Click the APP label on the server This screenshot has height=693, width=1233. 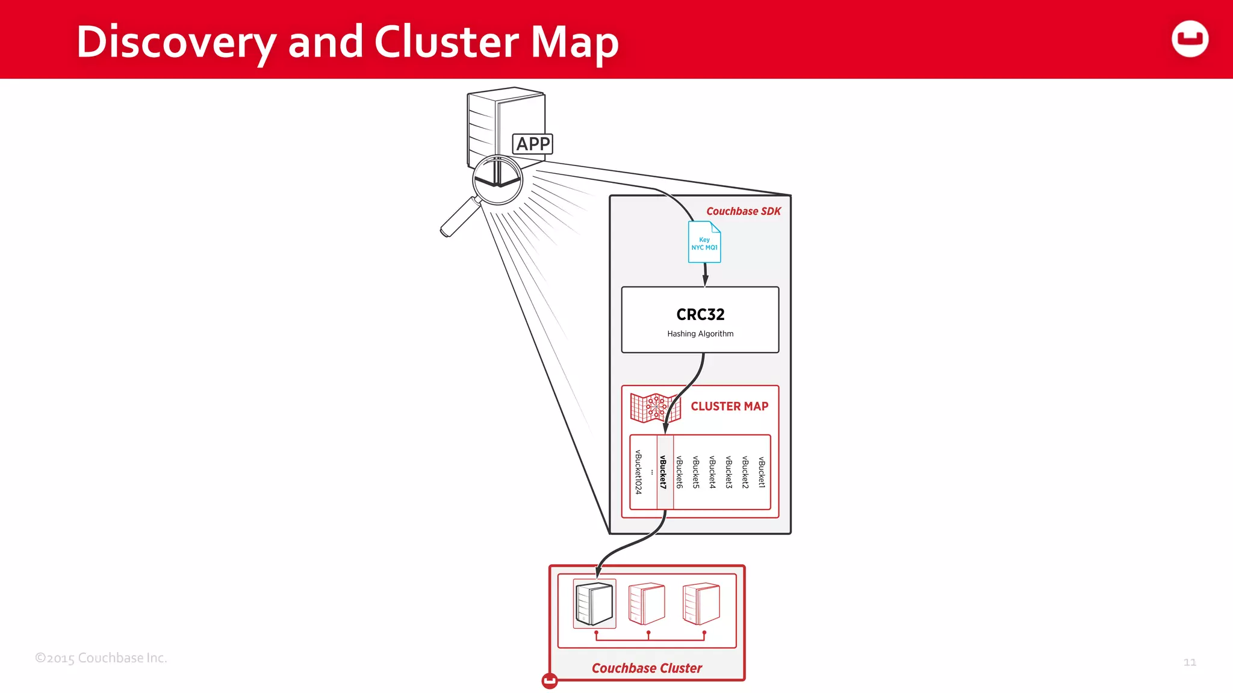point(533,144)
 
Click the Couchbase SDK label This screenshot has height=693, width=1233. point(743,211)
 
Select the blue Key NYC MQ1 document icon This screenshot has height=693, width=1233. point(704,242)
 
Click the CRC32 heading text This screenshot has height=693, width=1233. point(700,315)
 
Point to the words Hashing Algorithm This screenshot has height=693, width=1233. point(700,334)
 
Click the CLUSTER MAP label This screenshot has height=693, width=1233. point(729,407)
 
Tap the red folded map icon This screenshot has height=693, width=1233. point(655,408)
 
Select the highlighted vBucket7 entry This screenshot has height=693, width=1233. point(663,472)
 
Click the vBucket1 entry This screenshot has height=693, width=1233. point(762,472)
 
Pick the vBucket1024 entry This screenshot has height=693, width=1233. point(638,472)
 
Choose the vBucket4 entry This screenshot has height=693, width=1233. point(712,472)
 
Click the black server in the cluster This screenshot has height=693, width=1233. point(594,603)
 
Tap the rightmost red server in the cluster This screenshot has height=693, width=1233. point(701,603)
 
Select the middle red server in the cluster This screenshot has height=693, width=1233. point(647,603)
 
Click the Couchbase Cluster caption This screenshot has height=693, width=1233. point(647,668)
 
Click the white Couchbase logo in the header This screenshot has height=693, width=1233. point(1190,39)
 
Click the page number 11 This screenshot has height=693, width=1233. point(1190,662)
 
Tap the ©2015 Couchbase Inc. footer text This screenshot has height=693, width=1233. point(101,658)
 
